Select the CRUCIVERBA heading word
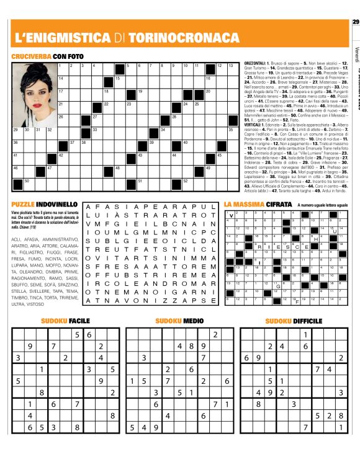[x=31, y=56]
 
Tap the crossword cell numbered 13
[x=230, y=68]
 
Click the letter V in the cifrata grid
[x=230, y=215]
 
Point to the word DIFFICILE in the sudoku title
[x=299, y=321]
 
